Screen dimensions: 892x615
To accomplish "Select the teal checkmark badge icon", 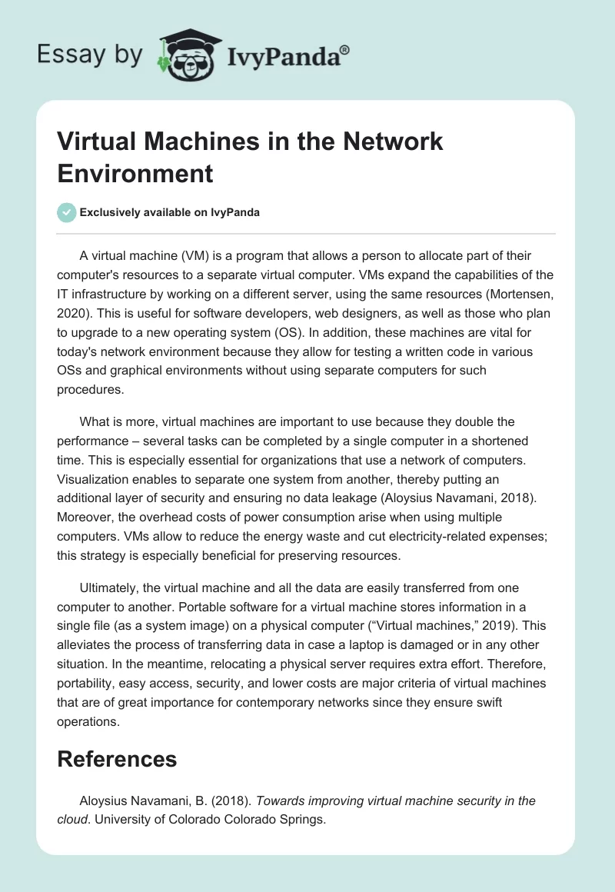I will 67,212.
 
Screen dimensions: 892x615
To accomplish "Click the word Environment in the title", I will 135,173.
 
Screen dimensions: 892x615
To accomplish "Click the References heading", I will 117,759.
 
